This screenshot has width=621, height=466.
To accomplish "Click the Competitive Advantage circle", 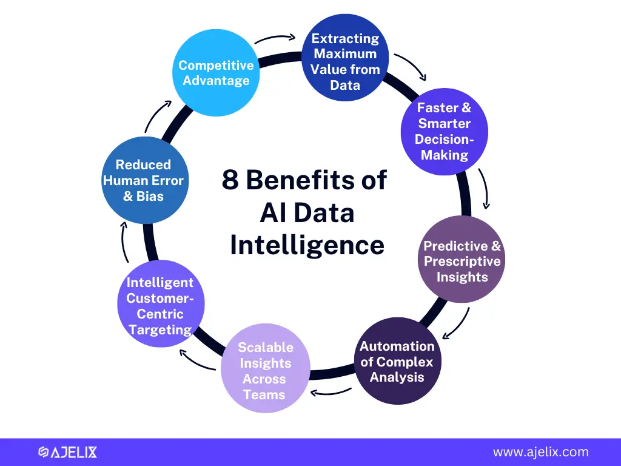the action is pyautogui.click(x=216, y=73).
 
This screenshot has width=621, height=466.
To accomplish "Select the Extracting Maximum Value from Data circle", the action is pyautogui.click(x=345, y=58).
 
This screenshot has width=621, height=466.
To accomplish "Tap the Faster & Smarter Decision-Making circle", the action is pyautogui.click(x=445, y=132).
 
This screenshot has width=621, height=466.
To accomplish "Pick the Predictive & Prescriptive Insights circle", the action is pyautogui.click(x=462, y=259).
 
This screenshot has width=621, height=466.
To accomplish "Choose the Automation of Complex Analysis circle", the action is pyautogui.click(x=397, y=361).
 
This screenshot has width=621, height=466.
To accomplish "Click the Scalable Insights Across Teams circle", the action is pyautogui.click(x=266, y=368).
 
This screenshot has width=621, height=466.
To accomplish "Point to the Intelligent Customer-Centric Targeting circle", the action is pyautogui.click(x=161, y=303).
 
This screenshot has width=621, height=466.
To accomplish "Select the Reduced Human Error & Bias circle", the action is pyautogui.click(x=145, y=180).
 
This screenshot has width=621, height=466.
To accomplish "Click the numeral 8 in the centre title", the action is pyautogui.click(x=230, y=180).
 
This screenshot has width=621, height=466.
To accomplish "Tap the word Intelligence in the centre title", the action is pyautogui.click(x=307, y=245).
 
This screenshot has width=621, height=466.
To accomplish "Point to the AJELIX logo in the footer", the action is pyautogui.click(x=68, y=452).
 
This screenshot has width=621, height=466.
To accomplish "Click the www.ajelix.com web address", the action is pyautogui.click(x=540, y=452).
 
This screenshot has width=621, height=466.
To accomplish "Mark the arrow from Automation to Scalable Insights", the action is pyautogui.click(x=331, y=393).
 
